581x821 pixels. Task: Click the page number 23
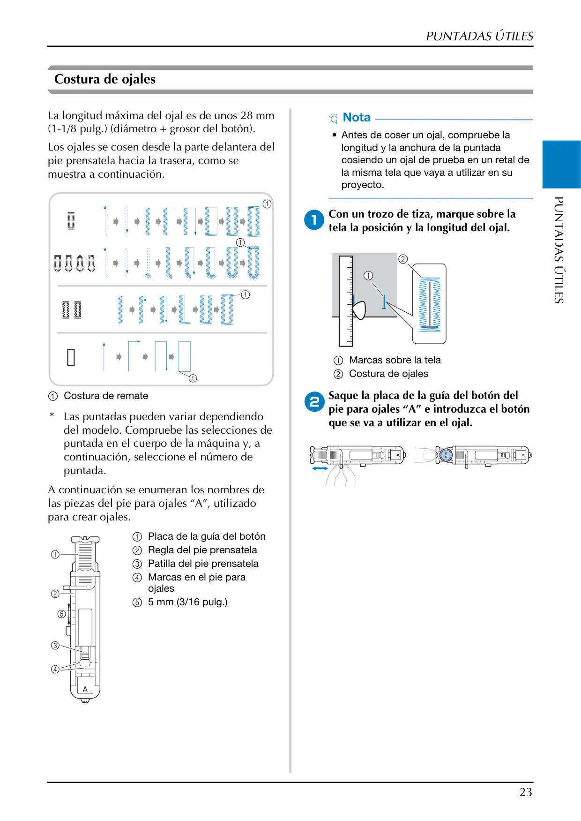[x=526, y=792]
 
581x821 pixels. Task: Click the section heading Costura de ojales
[x=105, y=79]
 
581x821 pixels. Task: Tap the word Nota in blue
[x=357, y=117]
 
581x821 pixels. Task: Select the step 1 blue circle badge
[x=314, y=219]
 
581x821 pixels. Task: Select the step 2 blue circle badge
[x=314, y=401]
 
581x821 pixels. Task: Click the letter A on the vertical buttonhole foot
[x=85, y=689]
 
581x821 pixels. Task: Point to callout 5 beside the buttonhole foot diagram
[x=61, y=614]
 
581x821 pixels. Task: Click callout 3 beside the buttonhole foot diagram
[x=55, y=645]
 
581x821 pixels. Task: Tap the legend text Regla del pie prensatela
[x=202, y=550]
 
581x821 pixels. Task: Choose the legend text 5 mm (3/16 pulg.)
[x=187, y=602]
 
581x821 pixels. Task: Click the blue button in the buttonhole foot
[x=446, y=454]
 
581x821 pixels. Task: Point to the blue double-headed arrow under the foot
[x=320, y=468]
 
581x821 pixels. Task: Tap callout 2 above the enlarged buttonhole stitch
[x=403, y=259]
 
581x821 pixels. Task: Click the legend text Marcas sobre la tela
[x=395, y=360]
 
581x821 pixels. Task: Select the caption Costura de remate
[x=106, y=396]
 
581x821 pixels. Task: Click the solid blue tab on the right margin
[x=561, y=165]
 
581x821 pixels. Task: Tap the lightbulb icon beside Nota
[x=334, y=118]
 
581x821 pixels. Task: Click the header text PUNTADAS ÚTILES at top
[x=480, y=36]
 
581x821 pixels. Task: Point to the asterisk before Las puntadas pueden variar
[x=52, y=415]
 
